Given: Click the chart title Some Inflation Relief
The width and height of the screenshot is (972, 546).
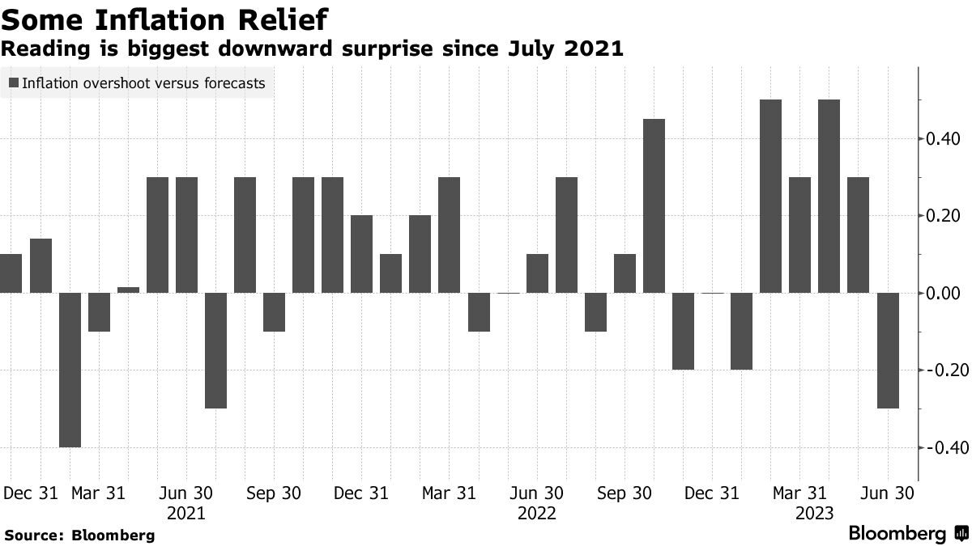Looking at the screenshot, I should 166,18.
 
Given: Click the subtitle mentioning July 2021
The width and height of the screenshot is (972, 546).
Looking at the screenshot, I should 312,49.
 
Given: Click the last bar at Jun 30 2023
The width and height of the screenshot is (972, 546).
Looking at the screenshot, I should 888,350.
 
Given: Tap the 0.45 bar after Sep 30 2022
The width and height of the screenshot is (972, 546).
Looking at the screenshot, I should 654,206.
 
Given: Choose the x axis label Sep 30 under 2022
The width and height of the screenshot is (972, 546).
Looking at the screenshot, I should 625,493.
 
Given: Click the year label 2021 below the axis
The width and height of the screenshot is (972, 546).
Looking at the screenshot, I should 186,513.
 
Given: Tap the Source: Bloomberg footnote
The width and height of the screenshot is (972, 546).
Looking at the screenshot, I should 79,535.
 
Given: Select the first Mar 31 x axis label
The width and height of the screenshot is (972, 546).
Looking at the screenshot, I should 98,493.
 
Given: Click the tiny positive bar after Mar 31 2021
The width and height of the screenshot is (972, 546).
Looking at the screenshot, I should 128,290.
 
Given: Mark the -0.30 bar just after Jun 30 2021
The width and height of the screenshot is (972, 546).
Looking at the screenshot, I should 215,350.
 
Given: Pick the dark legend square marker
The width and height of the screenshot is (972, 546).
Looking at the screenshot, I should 14,83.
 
